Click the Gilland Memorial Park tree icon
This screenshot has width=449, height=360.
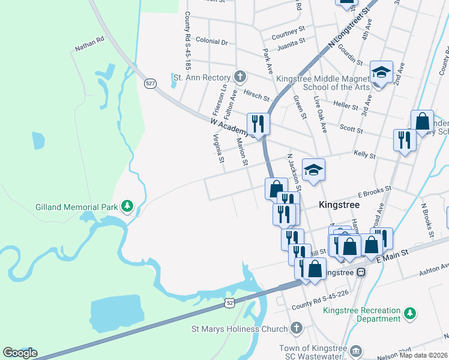tap(127, 207)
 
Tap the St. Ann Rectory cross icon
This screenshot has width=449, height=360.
tap(240, 77)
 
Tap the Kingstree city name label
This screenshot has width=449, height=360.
tap(339, 205)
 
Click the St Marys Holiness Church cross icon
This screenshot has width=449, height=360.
tap(296, 328)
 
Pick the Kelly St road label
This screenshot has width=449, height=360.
tap(364, 155)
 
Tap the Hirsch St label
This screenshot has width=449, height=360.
tap(256, 94)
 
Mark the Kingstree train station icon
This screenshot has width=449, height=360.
tap(361, 272)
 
